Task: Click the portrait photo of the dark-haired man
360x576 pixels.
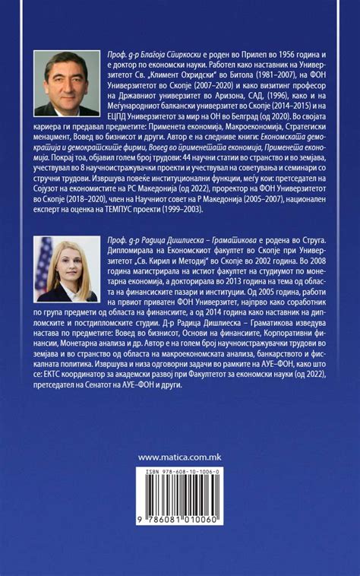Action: click(67, 84)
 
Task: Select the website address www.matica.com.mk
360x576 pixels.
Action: click(180, 457)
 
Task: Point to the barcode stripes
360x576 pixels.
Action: click(180, 495)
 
